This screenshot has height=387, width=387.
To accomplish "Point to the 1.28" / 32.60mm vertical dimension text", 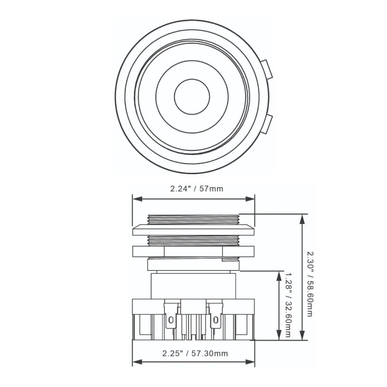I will click(x=287, y=305).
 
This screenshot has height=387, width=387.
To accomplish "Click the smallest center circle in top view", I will click(x=192, y=97).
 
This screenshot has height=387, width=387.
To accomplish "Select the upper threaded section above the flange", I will click(x=193, y=220).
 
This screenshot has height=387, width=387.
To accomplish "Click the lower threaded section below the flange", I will click(x=193, y=241).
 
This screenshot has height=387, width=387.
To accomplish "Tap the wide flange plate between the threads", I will click(x=193, y=231).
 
